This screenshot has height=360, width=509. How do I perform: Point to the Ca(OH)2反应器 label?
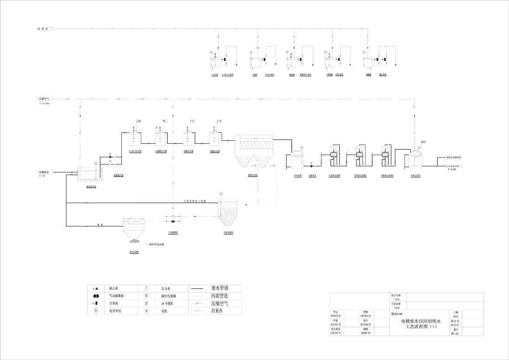pyautogui.click(x=134, y=151)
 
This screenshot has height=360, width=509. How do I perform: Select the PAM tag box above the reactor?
pyautogui.click(x=219, y=120)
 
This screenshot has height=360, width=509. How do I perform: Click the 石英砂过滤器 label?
pyautogui.click(x=334, y=176)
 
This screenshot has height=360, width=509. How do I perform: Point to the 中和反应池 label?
pyautogui.click(x=415, y=176)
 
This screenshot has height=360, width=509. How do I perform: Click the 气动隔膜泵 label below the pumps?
pyautogui.click(x=173, y=233)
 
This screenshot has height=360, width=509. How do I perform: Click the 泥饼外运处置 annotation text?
pyautogui.click(x=159, y=245)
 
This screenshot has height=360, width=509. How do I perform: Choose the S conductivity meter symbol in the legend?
pyautogui.click(x=95, y=311)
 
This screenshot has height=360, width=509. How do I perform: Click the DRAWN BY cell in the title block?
pyautogui.click(x=366, y=333)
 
